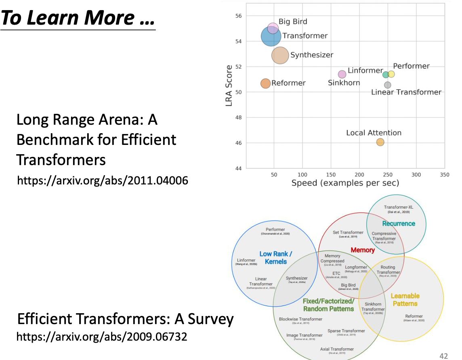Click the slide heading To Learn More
coord(78,18)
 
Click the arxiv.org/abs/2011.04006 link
coord(103,180)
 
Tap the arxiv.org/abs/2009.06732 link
coord(102,337)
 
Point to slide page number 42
coord(443,356)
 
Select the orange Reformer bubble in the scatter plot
coord(265,84)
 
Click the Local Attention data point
coord(380,142)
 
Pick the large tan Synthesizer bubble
coord(280,55)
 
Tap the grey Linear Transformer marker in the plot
coord(388,85)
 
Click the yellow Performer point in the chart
coord(391,74)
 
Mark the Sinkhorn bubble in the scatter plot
coord(342,74)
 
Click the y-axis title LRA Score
coord(229,86)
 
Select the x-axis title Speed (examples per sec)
coord(345,183)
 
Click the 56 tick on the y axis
coord(238,16)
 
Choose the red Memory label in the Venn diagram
coord(362,250)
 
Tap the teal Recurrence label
coord(399,223)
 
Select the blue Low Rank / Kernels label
coord(275,257)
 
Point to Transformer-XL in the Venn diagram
coord(399,207)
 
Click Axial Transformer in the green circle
coord(336,349)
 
